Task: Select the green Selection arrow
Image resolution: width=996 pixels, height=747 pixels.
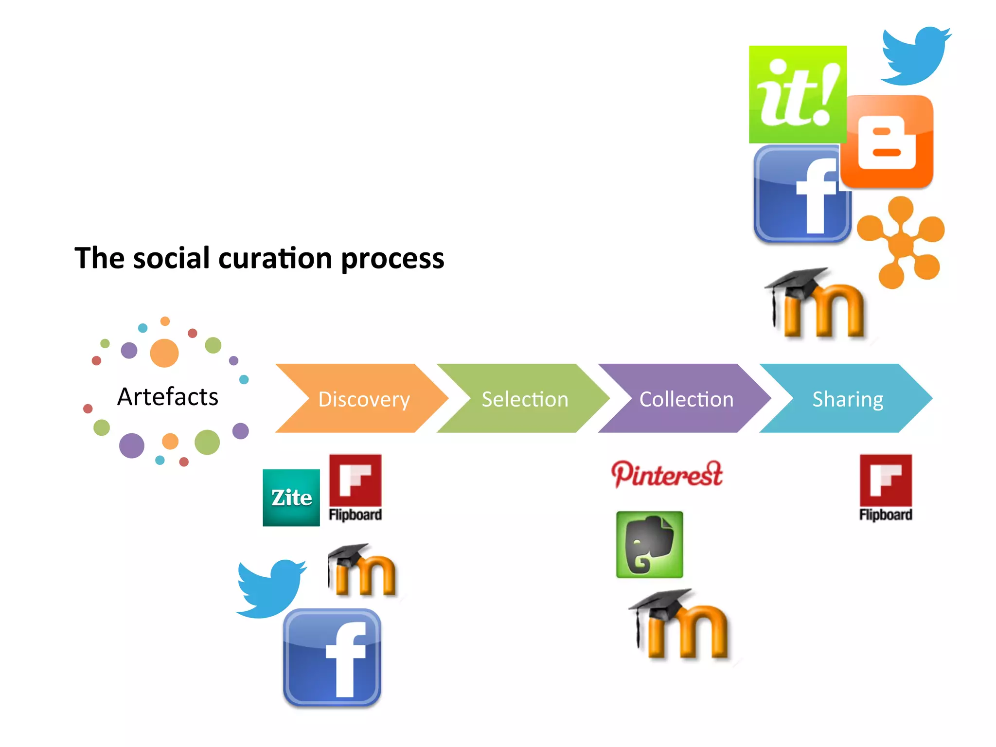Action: click(x=524, y=398)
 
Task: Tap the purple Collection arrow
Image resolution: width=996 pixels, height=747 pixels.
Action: click(x=686, y=398)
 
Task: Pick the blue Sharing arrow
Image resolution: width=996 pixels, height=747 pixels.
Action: click(x=847, y=398)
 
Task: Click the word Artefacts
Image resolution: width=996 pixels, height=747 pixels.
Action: click(x=168, y=396)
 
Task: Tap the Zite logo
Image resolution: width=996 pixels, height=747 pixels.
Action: click(x=291, y=498)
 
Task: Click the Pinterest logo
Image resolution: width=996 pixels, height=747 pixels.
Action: click(x=667, y=474)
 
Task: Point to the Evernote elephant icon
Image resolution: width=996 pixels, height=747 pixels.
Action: click(x=649, y=544)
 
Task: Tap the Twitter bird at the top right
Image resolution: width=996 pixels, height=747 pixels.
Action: click(x=914, y=56)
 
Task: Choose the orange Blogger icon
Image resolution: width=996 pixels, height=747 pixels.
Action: click(x=887, y=142)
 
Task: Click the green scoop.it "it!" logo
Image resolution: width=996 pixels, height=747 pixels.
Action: click(x=798, y=94)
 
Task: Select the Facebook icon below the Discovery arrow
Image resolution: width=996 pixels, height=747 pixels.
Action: click(x=332, y=657)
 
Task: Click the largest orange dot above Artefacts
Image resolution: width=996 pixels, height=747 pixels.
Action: click(x=164, y=353)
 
